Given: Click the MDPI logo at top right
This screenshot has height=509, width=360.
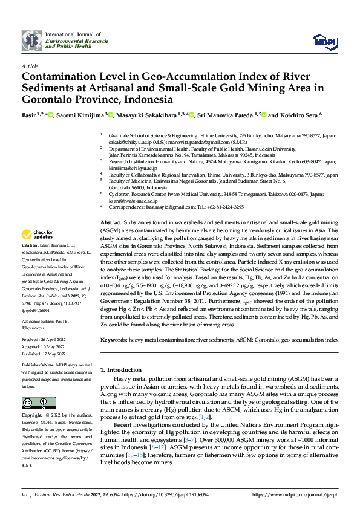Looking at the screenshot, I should (324, 41).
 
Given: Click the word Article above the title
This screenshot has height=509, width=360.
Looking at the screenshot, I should (30, 66).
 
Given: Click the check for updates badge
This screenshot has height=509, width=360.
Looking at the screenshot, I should (38, 234).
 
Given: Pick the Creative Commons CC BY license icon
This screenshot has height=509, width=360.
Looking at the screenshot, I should (39, 403).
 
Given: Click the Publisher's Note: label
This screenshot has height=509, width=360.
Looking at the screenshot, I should (39, 366).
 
